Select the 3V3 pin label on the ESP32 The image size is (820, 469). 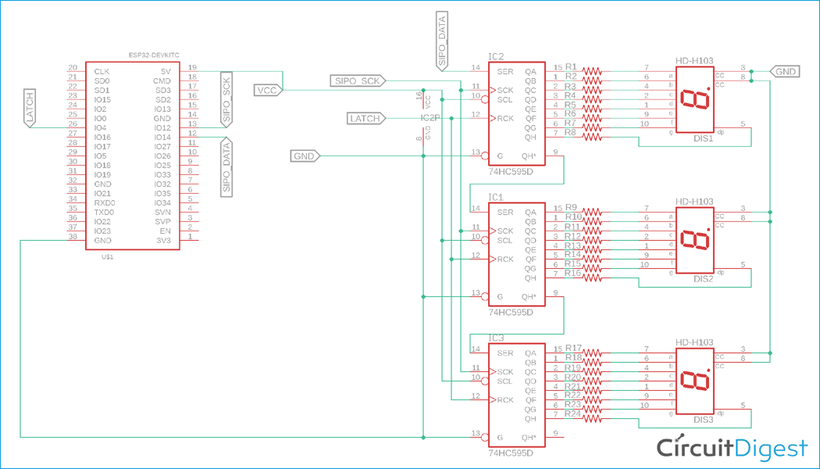tap(162, 240)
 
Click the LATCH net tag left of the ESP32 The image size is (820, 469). tap(29, 108)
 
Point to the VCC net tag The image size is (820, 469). tap(266, 91)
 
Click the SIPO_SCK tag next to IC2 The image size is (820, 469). tap(355, 81)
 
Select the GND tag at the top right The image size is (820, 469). tap(784, 71)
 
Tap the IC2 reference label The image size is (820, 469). tap(496, 57)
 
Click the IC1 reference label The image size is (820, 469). tap(496, 198)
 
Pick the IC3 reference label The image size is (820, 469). tap(496, 338)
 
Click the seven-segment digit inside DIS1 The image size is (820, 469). tap(694, 99)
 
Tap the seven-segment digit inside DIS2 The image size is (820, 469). tap(694, 240)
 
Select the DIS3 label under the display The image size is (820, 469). tap(703, 420)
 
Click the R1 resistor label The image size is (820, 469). tap(571, 66)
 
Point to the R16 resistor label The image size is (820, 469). tap(572, 273)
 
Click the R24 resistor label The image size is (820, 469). tap(572, 414)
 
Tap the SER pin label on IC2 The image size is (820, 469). tap(505, 71)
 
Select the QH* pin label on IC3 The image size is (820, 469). tap(529, 437)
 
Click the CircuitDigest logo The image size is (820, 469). tap(731, 447)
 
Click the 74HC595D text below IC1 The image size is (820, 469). tap(511, 312)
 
